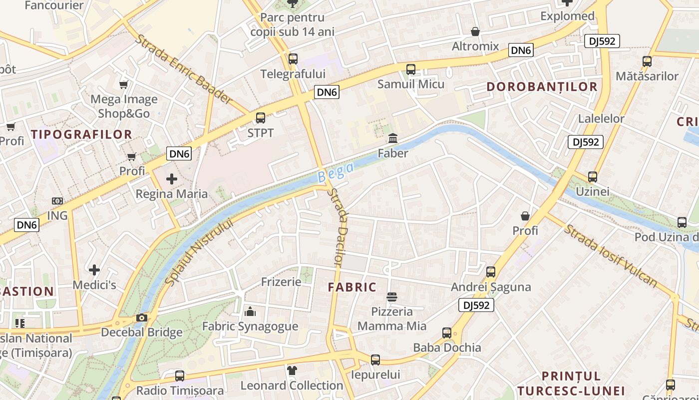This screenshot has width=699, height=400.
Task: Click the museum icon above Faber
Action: click(x=393, y=138)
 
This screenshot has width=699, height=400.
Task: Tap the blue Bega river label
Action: click(x=336, y=171)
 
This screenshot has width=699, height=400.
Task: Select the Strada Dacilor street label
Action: click(x=338, y=226)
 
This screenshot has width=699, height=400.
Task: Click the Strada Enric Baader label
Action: click(x=184, y=69)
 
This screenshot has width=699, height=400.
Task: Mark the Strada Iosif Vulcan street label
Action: click(x=611, y=256)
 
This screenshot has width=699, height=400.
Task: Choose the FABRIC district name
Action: click(x=352, y=287)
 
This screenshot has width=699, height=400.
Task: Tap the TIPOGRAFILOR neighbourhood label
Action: click(x=81, y=134)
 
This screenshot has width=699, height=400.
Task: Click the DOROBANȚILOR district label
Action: click(x=542, y=86)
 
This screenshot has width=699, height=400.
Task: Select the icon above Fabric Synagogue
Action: click(x=250, y=312)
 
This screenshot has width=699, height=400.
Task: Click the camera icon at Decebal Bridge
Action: click(x=142, y=318)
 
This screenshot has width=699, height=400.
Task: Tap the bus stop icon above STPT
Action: click(x=261, y=118)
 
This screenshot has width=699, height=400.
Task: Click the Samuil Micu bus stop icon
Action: click(x=411, y=69)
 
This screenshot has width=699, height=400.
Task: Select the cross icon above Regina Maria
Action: click(x=172, y=179)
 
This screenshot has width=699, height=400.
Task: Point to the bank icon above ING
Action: click(x=57, y=201)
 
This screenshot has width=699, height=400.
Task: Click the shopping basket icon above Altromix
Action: click(x=475, y=32)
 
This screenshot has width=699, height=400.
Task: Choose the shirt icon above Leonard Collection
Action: click(x=292, y=370)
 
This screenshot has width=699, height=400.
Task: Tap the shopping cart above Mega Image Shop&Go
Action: click(x=123, y=84)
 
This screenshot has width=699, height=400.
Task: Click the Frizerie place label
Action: click(x=281, y=282)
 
